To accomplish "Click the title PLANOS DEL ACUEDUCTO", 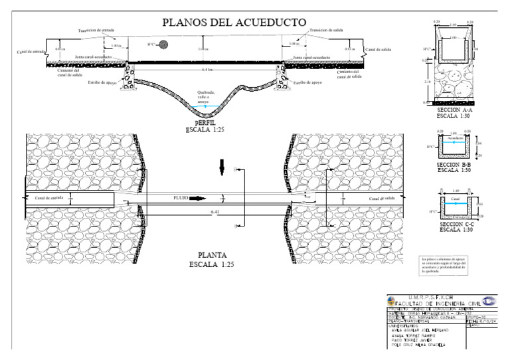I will tap(226, 23).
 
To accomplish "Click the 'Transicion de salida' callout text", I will tap(326, 31).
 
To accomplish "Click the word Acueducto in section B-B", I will tap(455, 138).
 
